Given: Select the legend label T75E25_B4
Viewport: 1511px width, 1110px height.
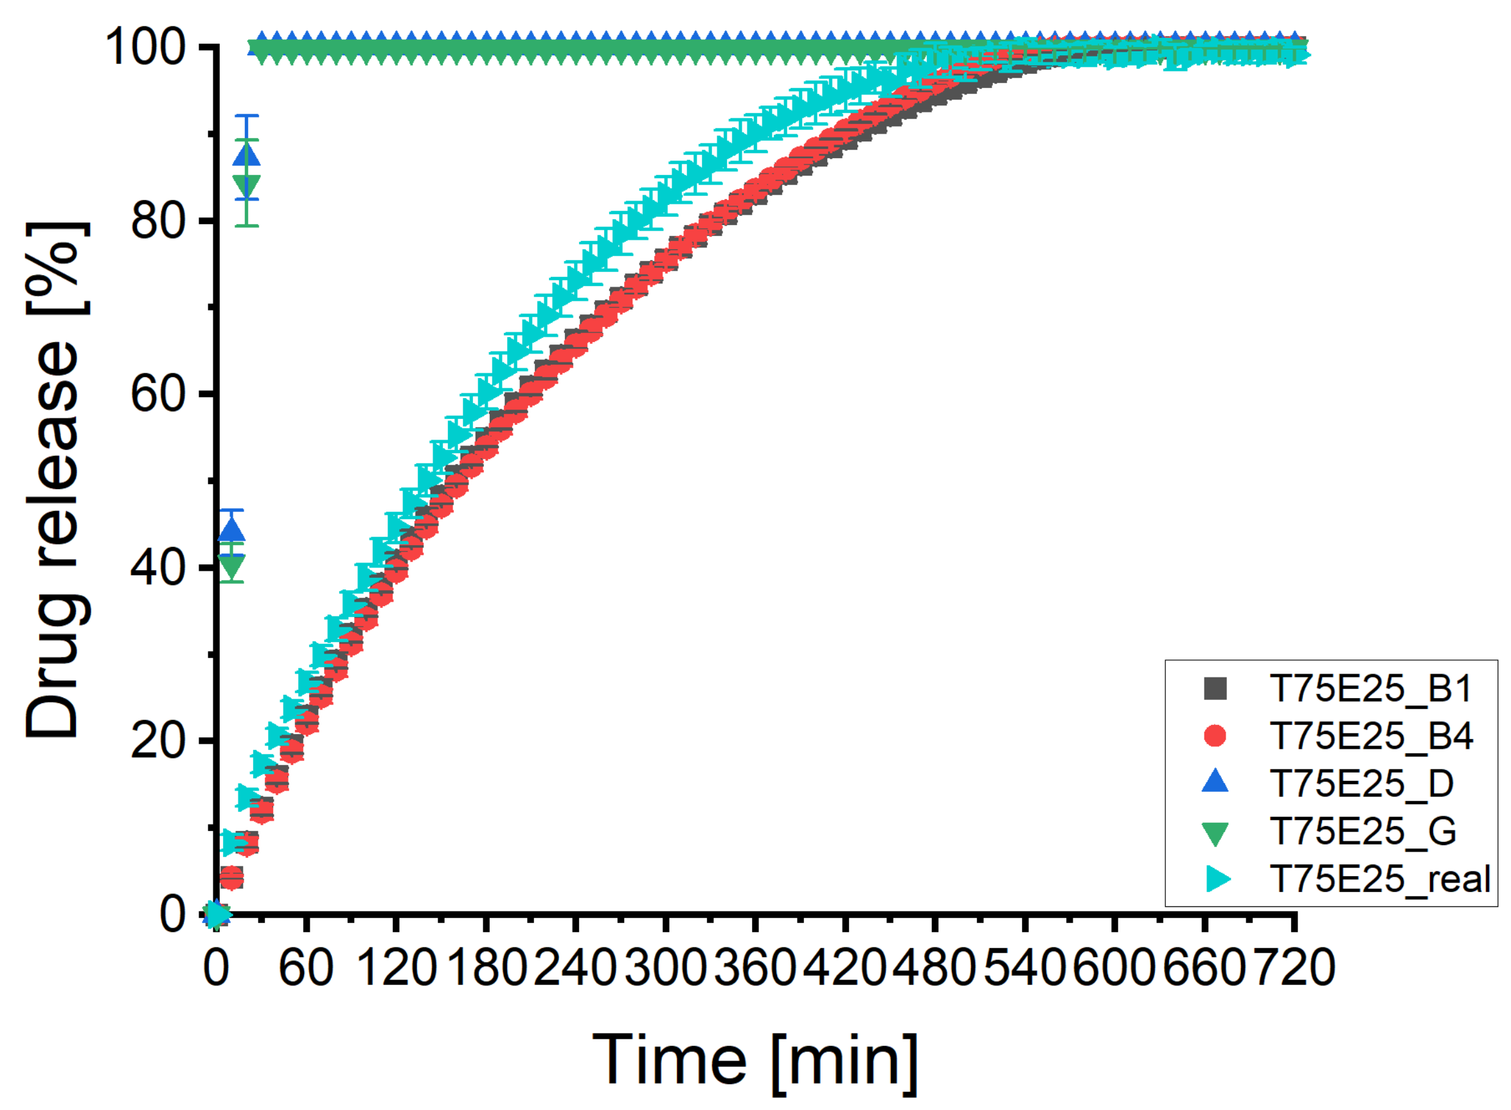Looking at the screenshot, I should click(x=1371, y=736).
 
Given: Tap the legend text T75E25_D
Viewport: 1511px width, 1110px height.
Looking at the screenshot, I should click(x=1361, y=783).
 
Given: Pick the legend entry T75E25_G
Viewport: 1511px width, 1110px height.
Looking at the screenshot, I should click(x=1363, y=831).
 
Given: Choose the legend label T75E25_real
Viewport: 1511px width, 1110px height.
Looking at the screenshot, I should click(x=1379, y=879).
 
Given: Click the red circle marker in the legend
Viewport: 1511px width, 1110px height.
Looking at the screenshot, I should click(x=1215, y=736).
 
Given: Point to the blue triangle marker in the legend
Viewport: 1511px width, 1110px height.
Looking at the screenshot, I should click(x=1215, y=783).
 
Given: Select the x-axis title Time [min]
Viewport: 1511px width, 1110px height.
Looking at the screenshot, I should click(x=755, y=1061).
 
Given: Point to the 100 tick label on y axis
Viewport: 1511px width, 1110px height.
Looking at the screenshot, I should click(x=145, y=48).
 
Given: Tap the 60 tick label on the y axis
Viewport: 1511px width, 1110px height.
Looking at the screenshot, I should click(x=157, y=395).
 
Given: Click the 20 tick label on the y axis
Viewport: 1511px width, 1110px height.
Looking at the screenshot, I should click(x=157, y=741).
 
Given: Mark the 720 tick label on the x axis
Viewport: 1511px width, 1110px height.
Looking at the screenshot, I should click(x=1294, y=968).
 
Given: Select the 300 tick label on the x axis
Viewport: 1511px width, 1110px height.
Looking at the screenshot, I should click(x=665, y=968).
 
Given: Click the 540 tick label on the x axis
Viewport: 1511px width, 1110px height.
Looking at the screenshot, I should click(x=1024, y=968).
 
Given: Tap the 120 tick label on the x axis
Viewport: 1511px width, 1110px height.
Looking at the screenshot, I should click(x=396, y=968).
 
